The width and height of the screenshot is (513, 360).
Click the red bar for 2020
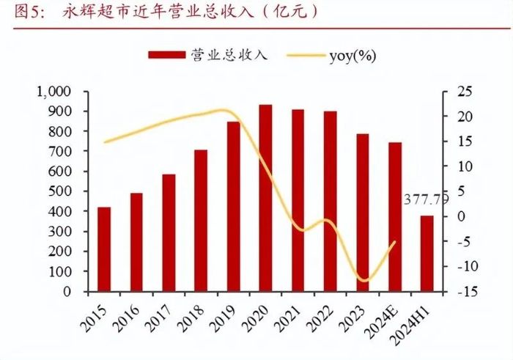(x=265, y=198)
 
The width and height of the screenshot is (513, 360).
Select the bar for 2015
(x=104, y=249)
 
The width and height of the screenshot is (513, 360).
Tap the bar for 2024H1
(x=427, y=253)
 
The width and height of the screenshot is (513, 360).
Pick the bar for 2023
(x=362, y=213)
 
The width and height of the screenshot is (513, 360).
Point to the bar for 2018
(x=201, y=220)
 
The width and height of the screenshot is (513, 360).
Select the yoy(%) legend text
(x=353, y=55)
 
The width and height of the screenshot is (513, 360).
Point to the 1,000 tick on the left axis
(x=52, y=92)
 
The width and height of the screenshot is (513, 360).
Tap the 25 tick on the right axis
(x=465, y=92)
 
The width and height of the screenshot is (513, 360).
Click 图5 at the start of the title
(x=20, y=12)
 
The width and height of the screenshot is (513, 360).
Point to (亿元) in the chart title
(x=293, y=12)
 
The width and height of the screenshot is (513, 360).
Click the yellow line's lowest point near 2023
(x=363, y=281)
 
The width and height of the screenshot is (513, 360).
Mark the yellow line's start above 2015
(x=106, y=142)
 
